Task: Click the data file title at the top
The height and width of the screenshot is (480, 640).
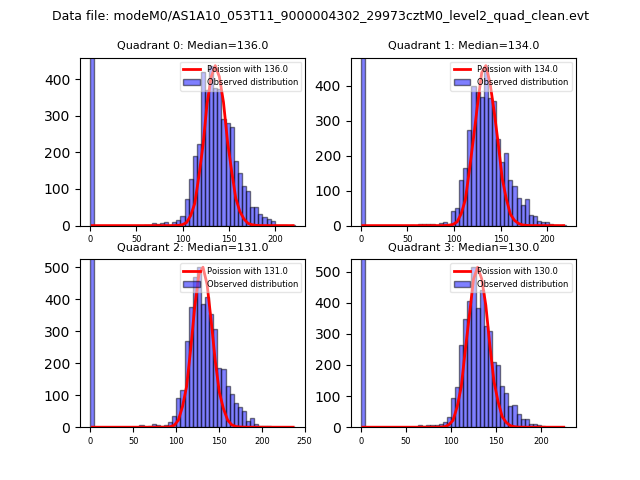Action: click(x=320, y=16)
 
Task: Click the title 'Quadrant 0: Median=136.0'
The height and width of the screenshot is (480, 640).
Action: click(x=192, y=45)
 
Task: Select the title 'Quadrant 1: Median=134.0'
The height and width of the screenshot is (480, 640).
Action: click(x=463, y=45)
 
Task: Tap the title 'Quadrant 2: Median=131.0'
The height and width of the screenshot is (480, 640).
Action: click(x=192, y=247)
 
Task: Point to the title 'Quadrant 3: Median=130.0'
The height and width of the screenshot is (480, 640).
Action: click(x=463, y=247)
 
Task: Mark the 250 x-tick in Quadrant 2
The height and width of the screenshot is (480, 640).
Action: click(x=304, y=440)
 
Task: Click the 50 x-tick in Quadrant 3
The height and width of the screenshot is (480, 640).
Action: click(x=406, y=440)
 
